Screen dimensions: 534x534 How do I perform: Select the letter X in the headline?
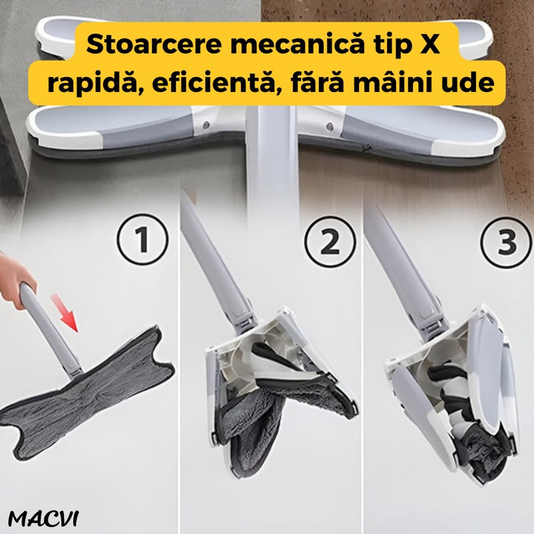coord(429,44)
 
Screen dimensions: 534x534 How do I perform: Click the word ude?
coord(468,82)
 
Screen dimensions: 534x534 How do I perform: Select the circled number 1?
coord(142,240)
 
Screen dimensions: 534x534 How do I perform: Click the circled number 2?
coord(330,242)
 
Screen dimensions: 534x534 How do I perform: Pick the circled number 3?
coord(507,242)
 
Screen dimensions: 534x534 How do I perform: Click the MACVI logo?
coord(43,519)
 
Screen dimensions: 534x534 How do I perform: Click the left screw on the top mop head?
coord(205,125)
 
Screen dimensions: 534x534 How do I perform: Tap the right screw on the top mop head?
coord(329,127)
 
